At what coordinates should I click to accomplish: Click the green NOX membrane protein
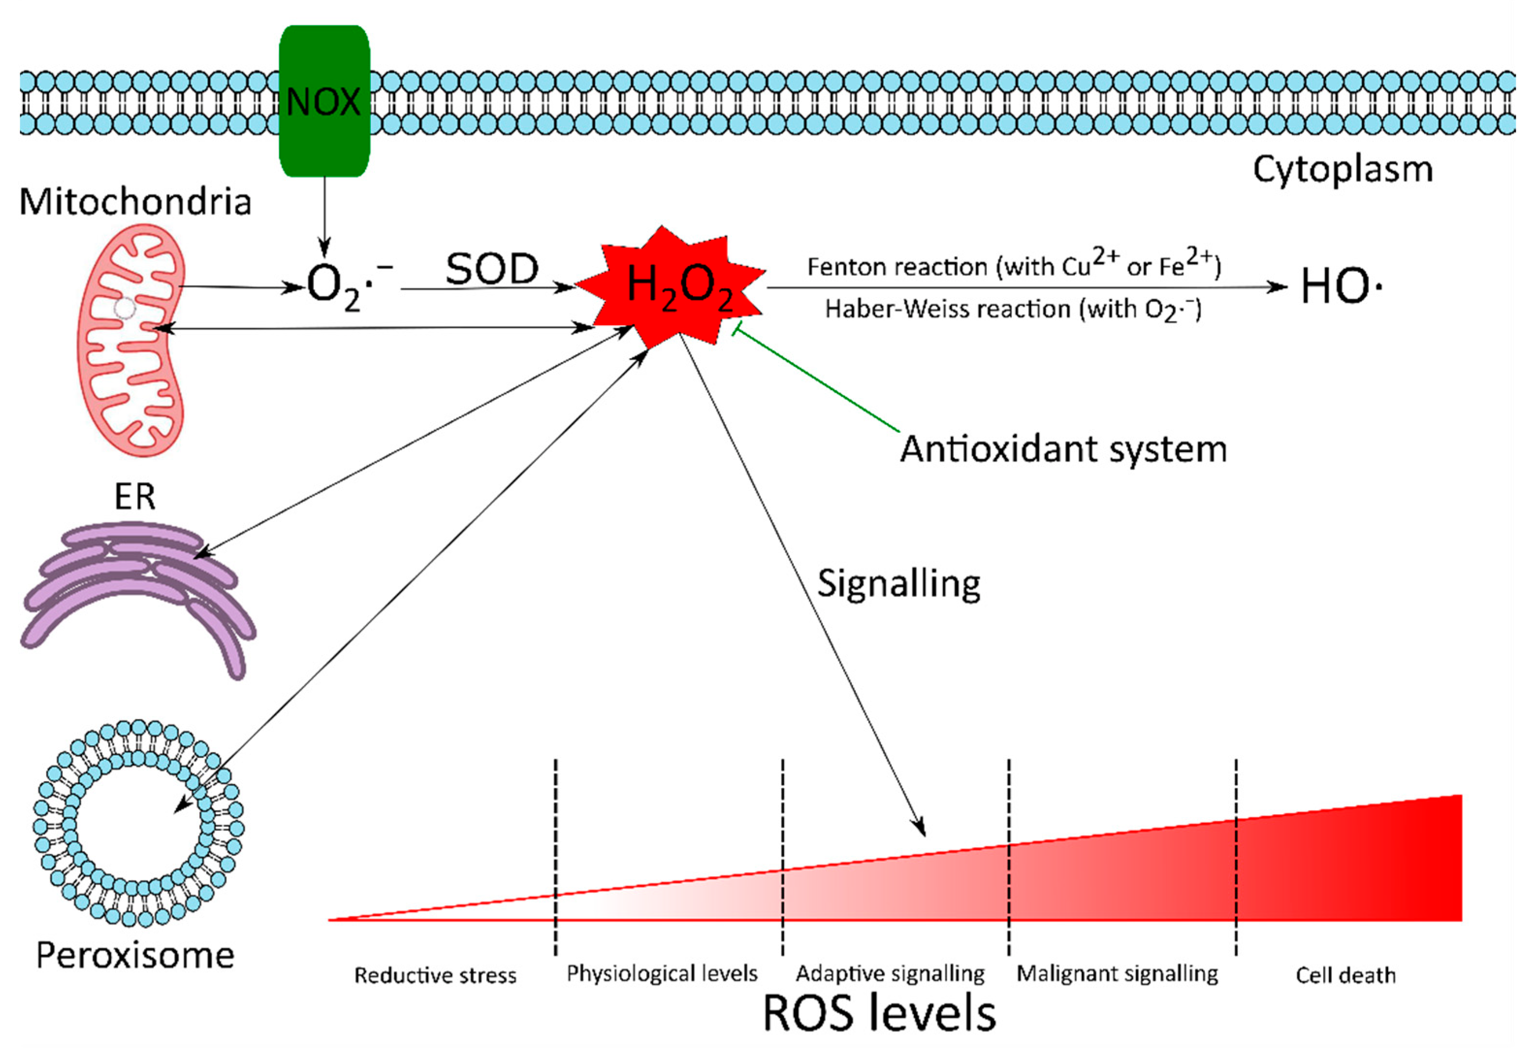(324, 101)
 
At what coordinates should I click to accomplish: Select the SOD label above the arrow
(492, 269)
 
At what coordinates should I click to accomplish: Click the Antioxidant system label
(1063, 449)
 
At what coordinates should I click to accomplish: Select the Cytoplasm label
(1343, 170)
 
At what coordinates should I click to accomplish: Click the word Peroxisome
(135, 955)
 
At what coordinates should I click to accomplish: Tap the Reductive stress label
(435, 975)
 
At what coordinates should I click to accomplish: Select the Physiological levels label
(662, 974)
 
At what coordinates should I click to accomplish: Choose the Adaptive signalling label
(890, 974)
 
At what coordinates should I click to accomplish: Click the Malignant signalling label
(1117, 974)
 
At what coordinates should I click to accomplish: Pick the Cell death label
(1345, 975)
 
